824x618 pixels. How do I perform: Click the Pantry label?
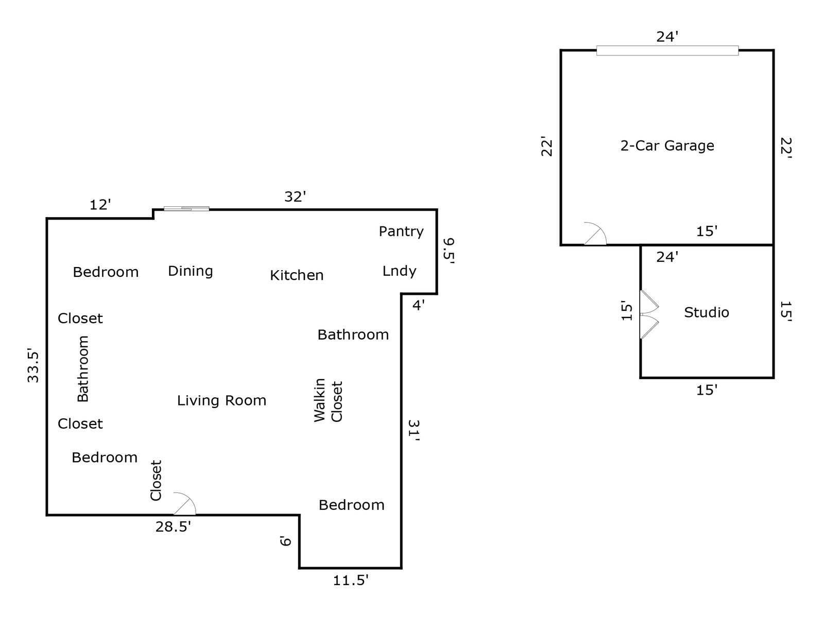[x=401, y=232]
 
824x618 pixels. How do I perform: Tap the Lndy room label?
[x=399, y=271]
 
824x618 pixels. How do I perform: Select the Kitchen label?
[x=297, y=275]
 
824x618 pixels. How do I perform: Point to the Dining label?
[x=191, y=271]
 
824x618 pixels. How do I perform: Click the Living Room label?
[x=221, y=400]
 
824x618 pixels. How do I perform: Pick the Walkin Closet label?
[x=328, y=401]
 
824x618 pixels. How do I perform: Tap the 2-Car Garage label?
[x=667, y=146]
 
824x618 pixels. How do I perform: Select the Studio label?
[x=706, y=312]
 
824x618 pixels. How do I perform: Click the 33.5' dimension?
[x=33, y=366]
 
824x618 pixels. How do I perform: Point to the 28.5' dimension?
[x=173, y=527]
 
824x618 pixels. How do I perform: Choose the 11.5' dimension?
[x=351, y=581]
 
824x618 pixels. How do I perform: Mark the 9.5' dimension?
[x=449, y=250]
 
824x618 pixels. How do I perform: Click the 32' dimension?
[x=296, y=197]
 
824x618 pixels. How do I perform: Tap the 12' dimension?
[x=100, y=205]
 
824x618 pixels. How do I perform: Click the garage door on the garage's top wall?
[x=667, y=50]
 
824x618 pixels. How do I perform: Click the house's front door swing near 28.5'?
[x=184, y=505]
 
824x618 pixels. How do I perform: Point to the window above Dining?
[x=186, y=208]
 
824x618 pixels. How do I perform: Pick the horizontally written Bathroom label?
[x=353, y=335]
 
